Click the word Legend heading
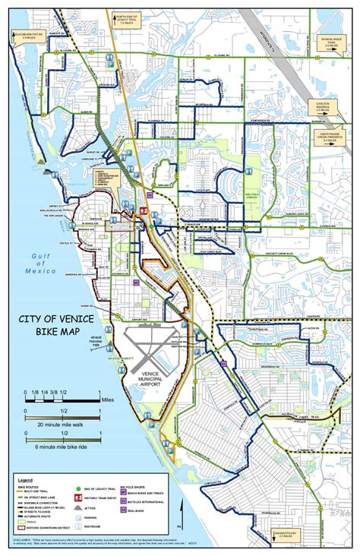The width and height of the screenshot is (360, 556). pyautogui.click(x=26, y=481)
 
